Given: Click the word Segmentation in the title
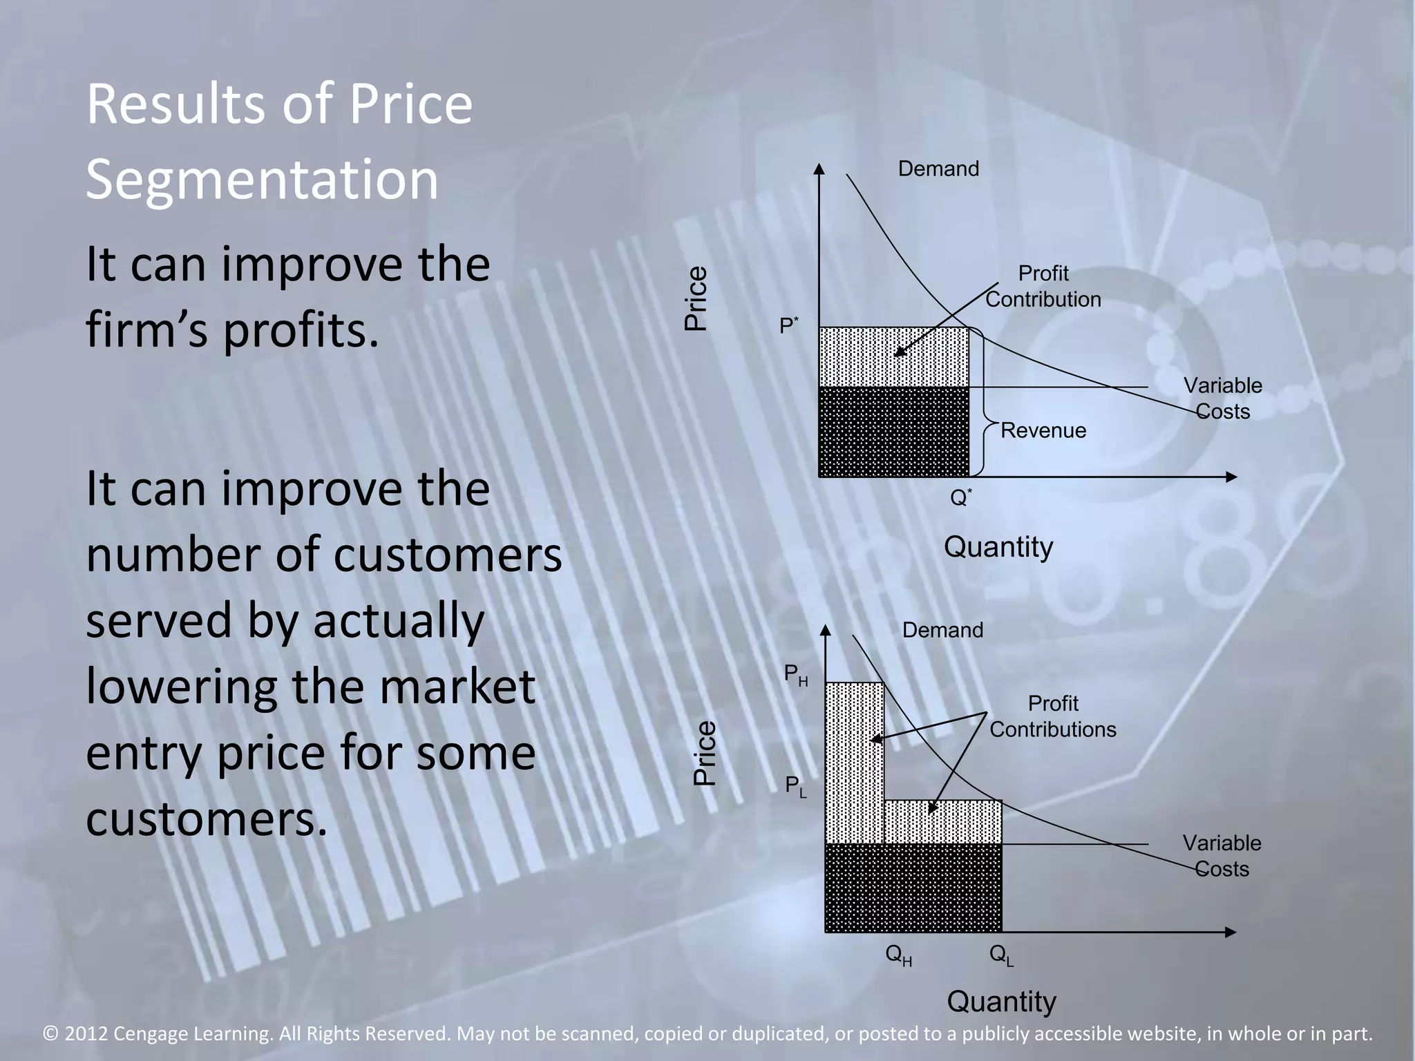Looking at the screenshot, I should (x=262, y=180).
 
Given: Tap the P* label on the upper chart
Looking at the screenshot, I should (x=788, y=325).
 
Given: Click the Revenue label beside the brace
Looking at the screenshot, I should (x=1043, y=430).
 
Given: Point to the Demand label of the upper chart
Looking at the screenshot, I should (x=938, y=169).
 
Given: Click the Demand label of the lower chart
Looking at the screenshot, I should (x=942, y=630).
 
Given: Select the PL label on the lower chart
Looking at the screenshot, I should (x=795, y=786).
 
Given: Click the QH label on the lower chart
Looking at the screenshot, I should (x=898, y=955).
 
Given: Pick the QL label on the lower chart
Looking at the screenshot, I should (x=1001, y=955).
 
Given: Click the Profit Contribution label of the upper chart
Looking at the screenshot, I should (x=1043, y=287).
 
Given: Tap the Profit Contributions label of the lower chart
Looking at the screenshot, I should (x=1052, y=716).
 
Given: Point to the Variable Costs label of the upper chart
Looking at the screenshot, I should (x=1222, y=398).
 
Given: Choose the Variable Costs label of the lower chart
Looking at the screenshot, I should (x=1222, y=856).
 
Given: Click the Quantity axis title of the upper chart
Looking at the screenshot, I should (x=998, y=547).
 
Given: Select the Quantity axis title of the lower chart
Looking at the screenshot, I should (x=1001, y=1002).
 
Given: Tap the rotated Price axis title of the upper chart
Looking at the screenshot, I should (x=696, y=298).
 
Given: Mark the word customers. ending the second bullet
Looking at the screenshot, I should (x=206, y=818).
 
